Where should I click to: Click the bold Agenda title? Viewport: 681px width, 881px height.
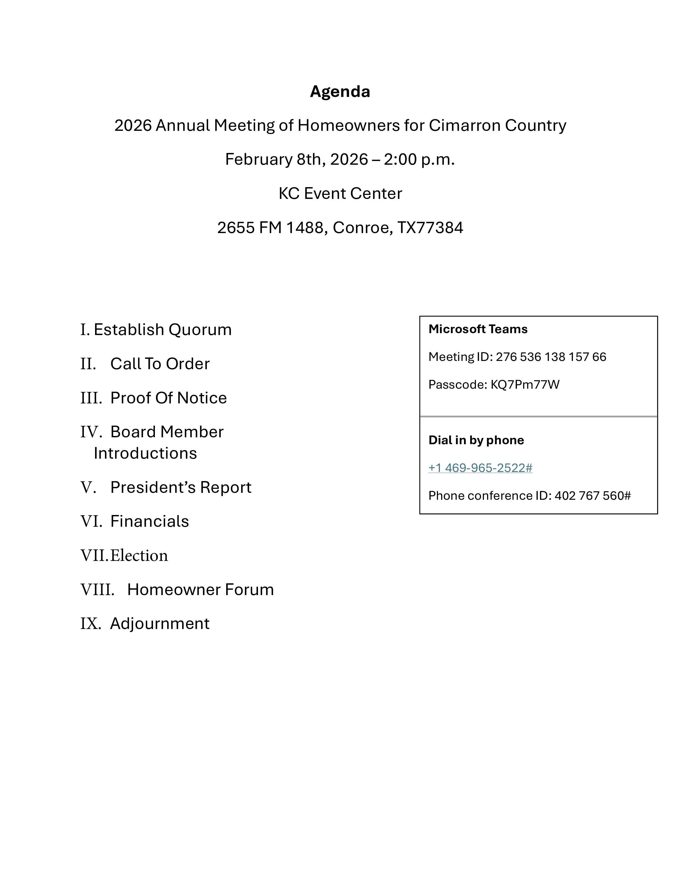pos(340,92)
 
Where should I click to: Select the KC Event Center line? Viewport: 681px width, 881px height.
pos(340,194)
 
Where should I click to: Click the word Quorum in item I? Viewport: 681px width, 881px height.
pos(200,329)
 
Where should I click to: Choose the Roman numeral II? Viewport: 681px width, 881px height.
pos(88,364)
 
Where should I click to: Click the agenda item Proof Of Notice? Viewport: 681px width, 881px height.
pos(168,398)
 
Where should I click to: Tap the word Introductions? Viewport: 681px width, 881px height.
pos(145,453)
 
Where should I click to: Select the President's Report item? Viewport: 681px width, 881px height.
pos(181,487)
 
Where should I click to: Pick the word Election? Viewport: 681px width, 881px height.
pos(139,556)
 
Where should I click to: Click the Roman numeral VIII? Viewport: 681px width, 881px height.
pos(97,590)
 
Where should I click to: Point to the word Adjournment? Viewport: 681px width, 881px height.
pos(159,624)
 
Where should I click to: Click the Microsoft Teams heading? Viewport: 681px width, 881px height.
pos(478,329)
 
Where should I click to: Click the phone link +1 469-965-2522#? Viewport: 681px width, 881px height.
pos(480,468)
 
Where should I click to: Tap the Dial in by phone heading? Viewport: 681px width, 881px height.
pos(476,440)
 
